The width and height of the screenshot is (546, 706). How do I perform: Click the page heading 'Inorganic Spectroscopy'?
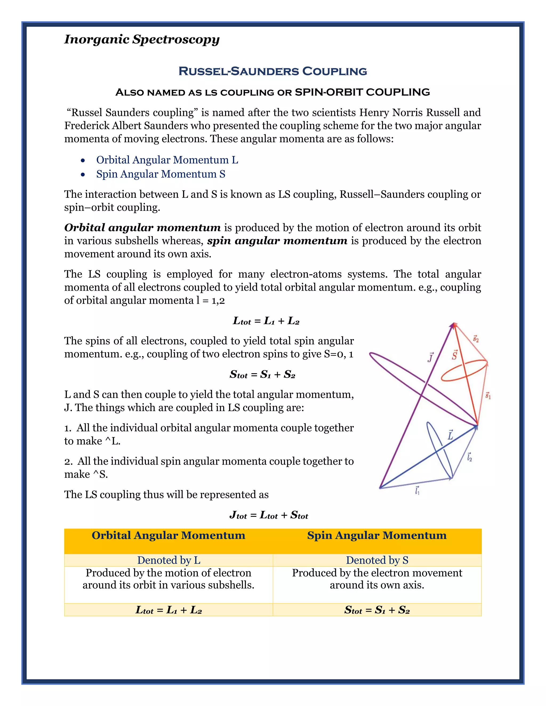(142, 39)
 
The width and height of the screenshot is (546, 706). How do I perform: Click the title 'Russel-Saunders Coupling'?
(273, 71)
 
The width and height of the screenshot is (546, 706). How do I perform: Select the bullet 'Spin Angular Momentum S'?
(160, 174)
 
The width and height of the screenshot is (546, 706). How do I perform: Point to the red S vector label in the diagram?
(455, 355)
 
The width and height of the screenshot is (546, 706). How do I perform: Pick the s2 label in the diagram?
(476, 339)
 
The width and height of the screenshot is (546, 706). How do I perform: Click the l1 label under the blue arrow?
(417, 491)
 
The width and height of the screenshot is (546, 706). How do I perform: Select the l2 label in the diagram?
(469, 457)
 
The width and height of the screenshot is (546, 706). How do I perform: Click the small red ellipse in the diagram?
(464, 372)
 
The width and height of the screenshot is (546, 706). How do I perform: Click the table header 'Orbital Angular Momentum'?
(168, 535)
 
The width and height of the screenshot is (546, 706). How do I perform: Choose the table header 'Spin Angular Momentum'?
(377, 535)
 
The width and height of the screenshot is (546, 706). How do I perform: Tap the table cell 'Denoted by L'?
(168, 560)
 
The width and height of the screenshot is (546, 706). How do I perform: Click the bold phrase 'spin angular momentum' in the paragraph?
(277, 241)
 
